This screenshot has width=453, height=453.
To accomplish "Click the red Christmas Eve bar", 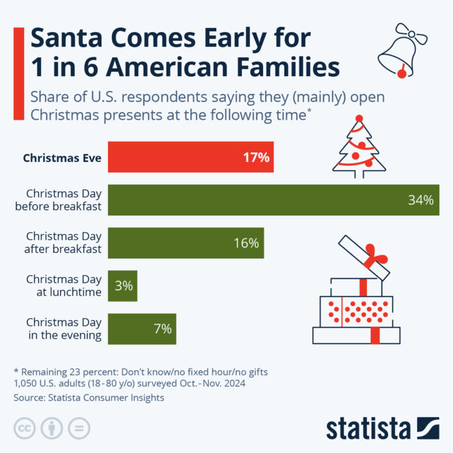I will pyautogui.click(x=190, y=158).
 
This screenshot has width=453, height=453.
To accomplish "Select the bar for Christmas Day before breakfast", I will pyautogui.click(x=273, y=200).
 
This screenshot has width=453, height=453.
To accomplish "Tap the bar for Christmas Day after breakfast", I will pyautogui.click(x=185, y=243).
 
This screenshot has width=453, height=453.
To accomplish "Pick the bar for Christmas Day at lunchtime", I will pyautogui.click(x=122, y=285).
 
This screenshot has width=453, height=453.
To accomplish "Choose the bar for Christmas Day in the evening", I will pyautogui.click(x=141, y=329).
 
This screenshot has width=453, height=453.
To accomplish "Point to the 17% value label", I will pyautogui.click(x=256, y=158).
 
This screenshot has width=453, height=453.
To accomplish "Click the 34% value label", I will pyautogui.click(x=420, y=200).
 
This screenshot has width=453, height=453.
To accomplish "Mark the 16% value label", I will pyautogui.click(x=246, y=243).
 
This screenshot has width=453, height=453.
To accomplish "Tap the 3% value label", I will pyautogui.click(x=124, y=285).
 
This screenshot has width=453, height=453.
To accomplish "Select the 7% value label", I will pyautogui.click(x=162, y=329).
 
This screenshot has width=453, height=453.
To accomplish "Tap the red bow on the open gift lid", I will pyautogui.click(x=375, y=256).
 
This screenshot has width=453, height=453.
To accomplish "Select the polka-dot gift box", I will pyautogui.click(x=354, y=311).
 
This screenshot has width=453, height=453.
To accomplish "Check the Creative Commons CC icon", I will pyautogui.click(x=24, y=428).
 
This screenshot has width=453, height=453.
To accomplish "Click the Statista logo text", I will pyautogui.click(x=368, y=428).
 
